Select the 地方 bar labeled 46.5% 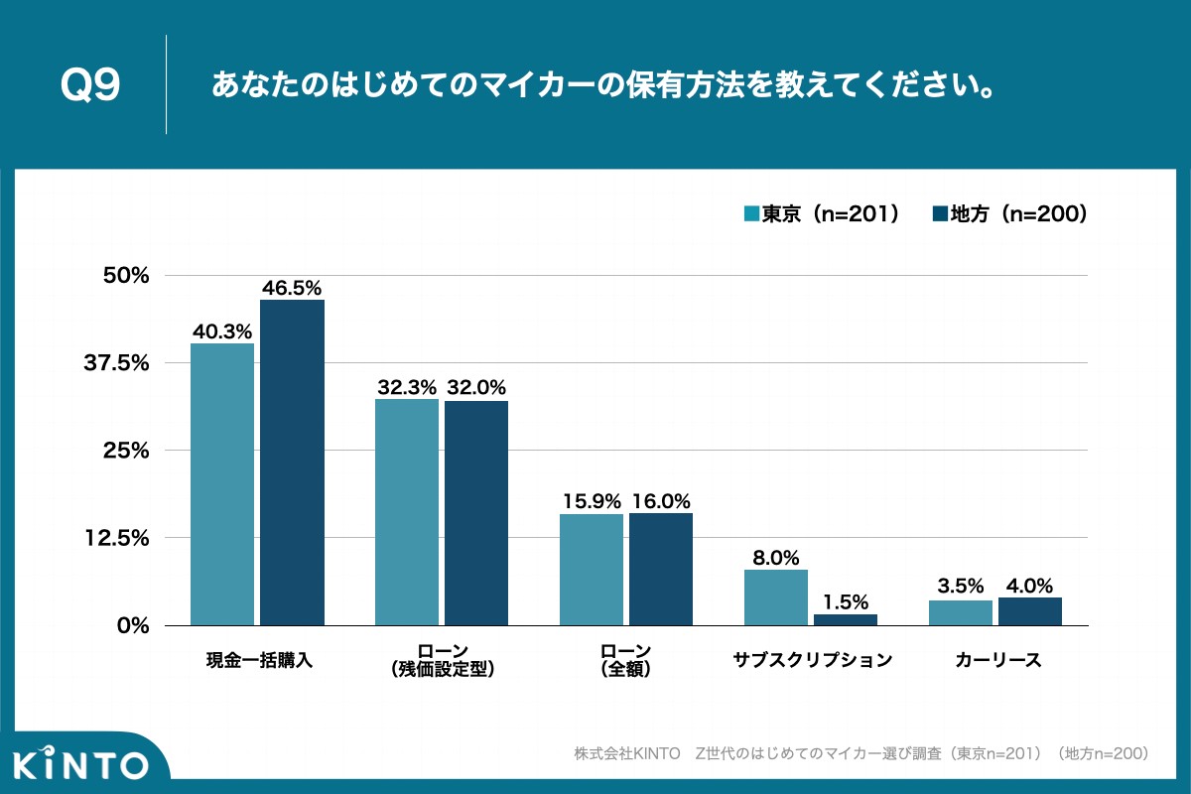[292, 463]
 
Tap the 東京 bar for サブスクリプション [776, 597]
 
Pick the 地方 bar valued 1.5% [846, 619]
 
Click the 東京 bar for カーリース [961, 612]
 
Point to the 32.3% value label [407, 388]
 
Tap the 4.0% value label [1029, 586]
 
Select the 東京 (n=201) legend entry [822, 213]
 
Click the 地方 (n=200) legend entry [1009, 213]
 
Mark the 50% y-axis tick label [126, 276]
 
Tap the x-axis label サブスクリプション [813, 660]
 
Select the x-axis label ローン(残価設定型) [442, 660]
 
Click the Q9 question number [90, 86]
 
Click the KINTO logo [81, 764]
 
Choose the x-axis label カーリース [997, 660]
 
